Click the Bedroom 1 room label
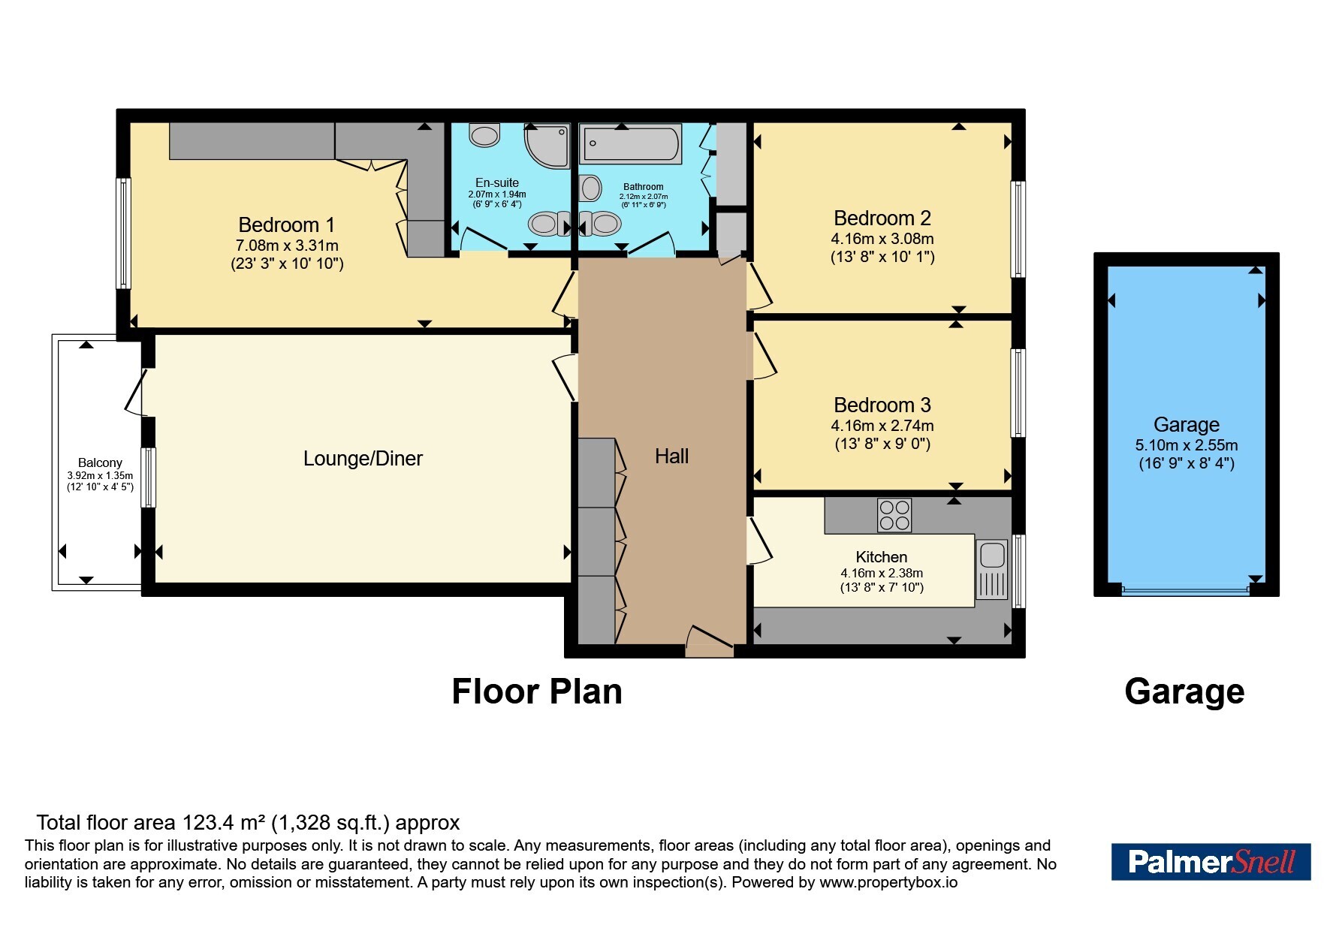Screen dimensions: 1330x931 286,224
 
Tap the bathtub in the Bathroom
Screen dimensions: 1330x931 631,144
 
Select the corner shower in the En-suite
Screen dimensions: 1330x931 547,146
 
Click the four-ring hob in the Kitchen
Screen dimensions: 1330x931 894,515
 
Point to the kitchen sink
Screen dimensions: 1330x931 992,569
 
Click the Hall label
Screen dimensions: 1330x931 671,456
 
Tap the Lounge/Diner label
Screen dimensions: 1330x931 363,458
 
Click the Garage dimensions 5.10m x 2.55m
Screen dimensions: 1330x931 1187,444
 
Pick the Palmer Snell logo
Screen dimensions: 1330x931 1211,861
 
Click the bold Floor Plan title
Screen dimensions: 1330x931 537,691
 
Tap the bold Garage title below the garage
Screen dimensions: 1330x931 1184,691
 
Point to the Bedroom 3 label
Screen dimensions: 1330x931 882,405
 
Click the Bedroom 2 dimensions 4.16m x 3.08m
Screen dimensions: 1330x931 882,239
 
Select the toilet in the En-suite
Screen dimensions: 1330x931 484,135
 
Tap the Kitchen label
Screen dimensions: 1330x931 882,557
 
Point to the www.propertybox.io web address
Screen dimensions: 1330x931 888,882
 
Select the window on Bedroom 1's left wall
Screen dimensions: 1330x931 124,233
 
